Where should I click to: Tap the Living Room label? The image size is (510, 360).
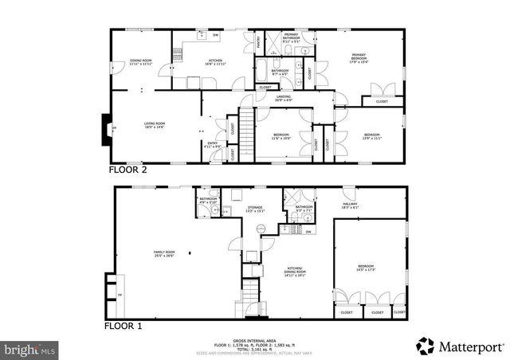pos(154,124)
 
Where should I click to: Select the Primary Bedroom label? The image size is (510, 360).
pos(359,57)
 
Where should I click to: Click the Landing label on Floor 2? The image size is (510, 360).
pos(284,98)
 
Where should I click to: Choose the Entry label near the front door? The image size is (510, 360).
pos(212,146)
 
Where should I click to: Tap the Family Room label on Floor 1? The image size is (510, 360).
pos(165,254)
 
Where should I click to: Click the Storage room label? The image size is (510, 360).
pos(254,209)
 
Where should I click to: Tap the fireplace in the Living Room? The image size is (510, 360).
pos(104,128)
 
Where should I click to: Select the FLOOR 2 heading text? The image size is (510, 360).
pos(127,170)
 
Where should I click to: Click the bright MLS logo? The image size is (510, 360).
pos(30,349)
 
